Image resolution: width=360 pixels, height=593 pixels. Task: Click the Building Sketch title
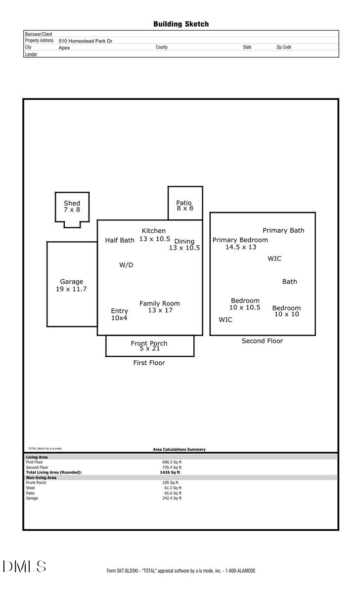point(180,24)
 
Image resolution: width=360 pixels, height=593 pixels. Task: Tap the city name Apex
point(64,48)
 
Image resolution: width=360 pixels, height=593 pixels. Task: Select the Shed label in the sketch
point(72,203)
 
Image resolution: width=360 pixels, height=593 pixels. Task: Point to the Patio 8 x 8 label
point(184,206)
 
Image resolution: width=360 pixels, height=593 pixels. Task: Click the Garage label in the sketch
point(71,282)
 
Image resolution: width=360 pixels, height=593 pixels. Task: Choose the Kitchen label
point(154,231)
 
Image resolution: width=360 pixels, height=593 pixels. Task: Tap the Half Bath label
point(120,241)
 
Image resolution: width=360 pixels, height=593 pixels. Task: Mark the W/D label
point(126,265)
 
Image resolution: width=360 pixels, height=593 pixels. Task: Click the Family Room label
point(160,303)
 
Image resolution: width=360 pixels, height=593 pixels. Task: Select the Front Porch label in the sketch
point(149,343)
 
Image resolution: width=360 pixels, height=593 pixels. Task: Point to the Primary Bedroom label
point(240,240)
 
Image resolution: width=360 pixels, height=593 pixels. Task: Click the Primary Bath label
point(283,230)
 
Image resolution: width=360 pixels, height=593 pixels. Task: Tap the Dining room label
point(184,242)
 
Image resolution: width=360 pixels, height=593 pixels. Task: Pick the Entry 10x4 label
point(119,314)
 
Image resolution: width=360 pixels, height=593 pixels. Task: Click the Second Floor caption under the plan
point(262,341)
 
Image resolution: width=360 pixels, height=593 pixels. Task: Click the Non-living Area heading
point(41,478)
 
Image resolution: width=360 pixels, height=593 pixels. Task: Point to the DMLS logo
point(24,566)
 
